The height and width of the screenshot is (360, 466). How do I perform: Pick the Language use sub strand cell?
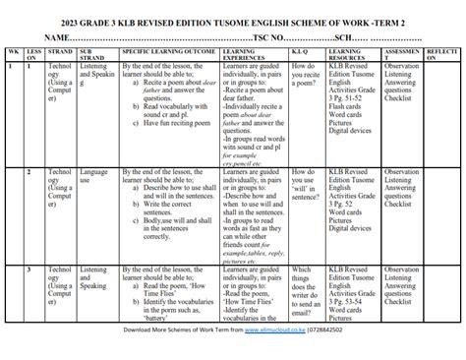click(x=94, y=176)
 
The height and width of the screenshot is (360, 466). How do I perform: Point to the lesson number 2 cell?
click(x=29, y=171)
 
